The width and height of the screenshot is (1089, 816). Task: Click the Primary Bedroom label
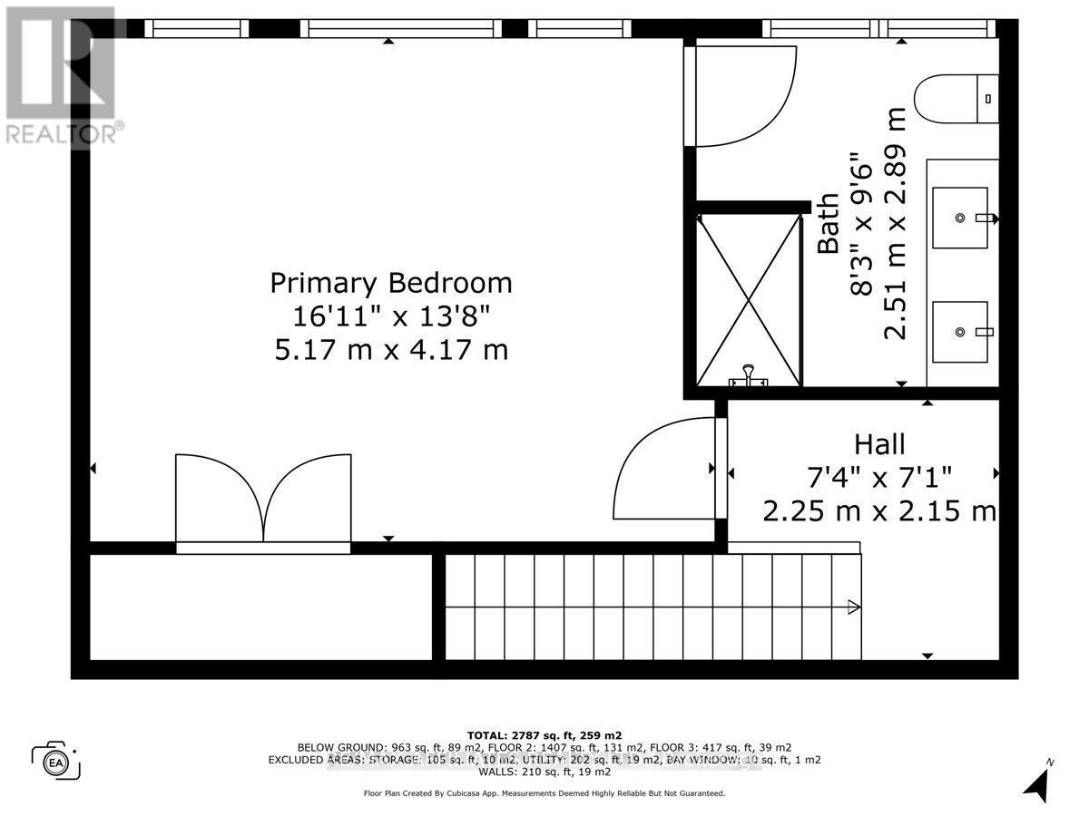coord(391,283)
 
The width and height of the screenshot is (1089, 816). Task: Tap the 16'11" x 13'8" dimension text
coord(391,316)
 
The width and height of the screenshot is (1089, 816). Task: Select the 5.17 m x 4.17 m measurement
coord(391,348)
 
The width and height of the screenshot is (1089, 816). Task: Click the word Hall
coord(879,444)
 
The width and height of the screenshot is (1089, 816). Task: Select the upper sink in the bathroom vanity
coord(960,218)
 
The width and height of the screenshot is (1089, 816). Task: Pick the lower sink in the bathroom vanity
coord(960,332)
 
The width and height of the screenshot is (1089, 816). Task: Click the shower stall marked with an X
coord(748,299)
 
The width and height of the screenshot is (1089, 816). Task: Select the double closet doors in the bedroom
coord(263,499)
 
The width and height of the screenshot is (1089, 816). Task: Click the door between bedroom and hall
coord(667,469)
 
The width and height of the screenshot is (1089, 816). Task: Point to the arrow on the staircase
coord(853,607)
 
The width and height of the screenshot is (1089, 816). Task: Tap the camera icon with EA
coord(55,760)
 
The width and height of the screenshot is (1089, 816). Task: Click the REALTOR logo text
coord(64,134)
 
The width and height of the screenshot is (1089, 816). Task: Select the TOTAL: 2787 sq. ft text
coord(544,735)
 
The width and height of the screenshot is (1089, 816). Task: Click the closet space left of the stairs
coord(260,607)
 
